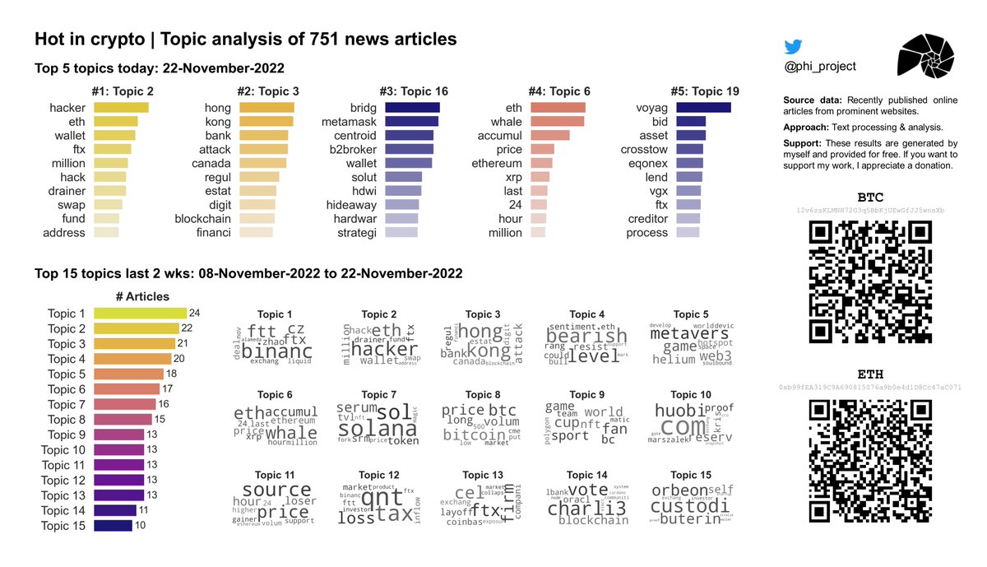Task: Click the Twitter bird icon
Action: [794, 47]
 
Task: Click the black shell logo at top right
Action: [927, 62]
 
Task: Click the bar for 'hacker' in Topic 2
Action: [121, 108]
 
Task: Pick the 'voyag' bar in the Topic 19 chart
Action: [703, 108]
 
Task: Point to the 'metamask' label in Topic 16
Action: [349, 122]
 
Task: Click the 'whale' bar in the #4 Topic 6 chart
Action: [557, 122]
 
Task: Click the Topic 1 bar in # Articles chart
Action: [140, 314]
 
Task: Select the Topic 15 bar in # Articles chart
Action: [113, 526]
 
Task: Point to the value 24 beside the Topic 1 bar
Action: [194, 314]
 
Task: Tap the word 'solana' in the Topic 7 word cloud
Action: [378, 429]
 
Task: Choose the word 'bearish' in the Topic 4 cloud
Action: [586, 336]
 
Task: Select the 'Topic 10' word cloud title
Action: [691, 395]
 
